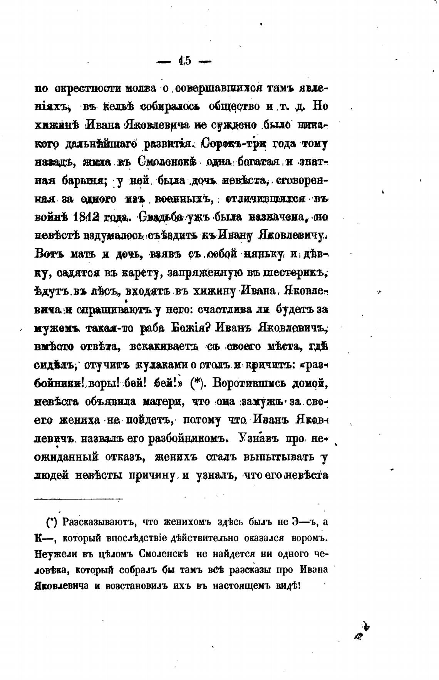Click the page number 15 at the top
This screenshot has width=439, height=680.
[x=185, y=61]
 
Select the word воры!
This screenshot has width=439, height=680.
[x=104, y=383]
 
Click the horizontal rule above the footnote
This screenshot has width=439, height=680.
[x=79, y=499]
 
